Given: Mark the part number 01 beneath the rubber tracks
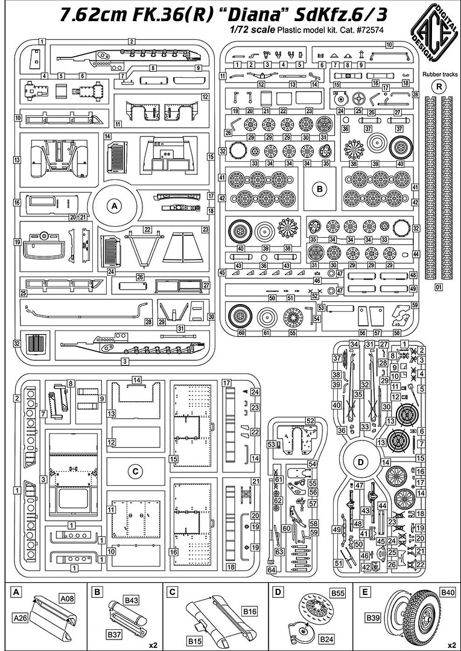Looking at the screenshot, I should pyautogui.click(x=439, y=287).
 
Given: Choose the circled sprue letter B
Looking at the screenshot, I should pyautogui.click(x=320, y=189).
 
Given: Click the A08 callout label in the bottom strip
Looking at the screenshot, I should pyautogui.click(x=68, y=599).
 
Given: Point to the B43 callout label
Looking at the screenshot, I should pyautogui.click(x=132, y=600).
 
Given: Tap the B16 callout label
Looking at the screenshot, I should pyautogui.click(x=250, y=612).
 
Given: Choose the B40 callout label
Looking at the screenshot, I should pyautogui.click(x=447, y=593).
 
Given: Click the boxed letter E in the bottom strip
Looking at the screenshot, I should pyautogui.click(x=364, y=593).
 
